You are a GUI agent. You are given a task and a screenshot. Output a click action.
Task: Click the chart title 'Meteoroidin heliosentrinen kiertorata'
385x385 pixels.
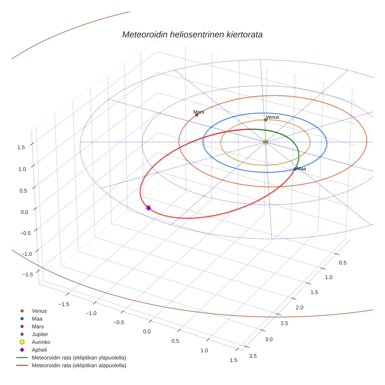pyautogui.click(x=192, y=34)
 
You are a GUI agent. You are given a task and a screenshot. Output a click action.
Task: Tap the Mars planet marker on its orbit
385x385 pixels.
pyautogui.click(x=196, y=115)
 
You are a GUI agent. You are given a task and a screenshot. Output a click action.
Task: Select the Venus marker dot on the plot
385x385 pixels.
pyautogui.click(x=266, y=120)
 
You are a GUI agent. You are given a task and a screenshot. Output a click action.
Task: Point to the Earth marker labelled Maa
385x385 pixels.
pyautogui.click(x=295, y=169)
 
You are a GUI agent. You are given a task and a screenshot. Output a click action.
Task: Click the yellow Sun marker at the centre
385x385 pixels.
pyautogui.click(x=266, y=142)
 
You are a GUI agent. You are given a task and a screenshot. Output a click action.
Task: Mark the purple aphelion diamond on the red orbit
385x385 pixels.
pyautogui.click(x=148, y=208)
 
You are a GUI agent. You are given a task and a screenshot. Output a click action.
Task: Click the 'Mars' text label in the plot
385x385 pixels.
pyautogui.click(x=199, y=112)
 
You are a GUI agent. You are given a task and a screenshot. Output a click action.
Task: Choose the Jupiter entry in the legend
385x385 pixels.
pyautogui.click(x=40, y=335)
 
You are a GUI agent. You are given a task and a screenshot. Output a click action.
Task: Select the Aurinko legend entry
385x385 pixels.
pyautogui.click(x=40, y=342)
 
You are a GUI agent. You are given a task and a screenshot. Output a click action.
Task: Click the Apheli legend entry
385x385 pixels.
pyautogui.click(x=39, y=350)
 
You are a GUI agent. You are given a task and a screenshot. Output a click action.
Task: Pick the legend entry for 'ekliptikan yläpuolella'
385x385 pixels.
pyautogui.click(x=79, y=358)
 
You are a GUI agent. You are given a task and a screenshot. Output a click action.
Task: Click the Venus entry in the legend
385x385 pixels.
pyautogui.click(x=39, y=311)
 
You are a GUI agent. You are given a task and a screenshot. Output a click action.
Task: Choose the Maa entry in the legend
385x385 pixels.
pyautogui.click(x=37, y=319)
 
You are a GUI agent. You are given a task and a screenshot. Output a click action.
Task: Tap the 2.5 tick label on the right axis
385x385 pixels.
pyautogui.click(x=284, y=323)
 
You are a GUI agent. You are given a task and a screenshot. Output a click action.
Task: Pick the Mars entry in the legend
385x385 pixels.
pyautogui.click(x=38, y=327)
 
